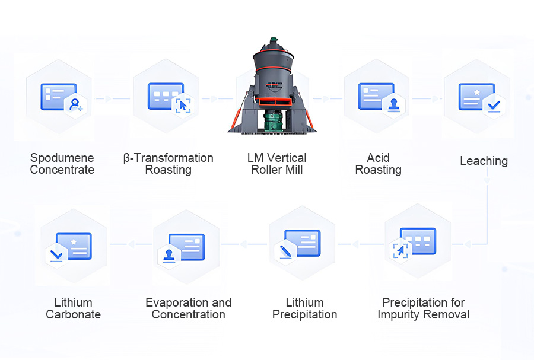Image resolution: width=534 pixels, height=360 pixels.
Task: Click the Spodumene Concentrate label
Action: tap(62, 164)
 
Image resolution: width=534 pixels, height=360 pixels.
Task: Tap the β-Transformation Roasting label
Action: tap(169, 164)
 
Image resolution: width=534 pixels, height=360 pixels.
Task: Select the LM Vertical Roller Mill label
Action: tap(277, 164)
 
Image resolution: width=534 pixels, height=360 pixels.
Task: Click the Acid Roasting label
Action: tap(378, 164)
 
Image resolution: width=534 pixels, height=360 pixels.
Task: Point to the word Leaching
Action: tap(484, 161)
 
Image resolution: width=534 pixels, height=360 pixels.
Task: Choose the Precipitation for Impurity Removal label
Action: tap(424, 308)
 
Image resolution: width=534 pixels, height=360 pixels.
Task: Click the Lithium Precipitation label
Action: tap(304, 308)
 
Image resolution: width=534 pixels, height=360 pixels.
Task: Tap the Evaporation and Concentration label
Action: tap(189, 308)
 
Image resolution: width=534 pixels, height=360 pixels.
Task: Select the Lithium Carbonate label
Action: tap(74, 308)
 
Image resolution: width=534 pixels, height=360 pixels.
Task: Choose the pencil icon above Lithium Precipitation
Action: tap(285, 251)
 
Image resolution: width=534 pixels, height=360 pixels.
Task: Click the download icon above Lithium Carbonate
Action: tap(57, 255)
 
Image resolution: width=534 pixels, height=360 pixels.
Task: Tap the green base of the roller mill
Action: tap(274, 122)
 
